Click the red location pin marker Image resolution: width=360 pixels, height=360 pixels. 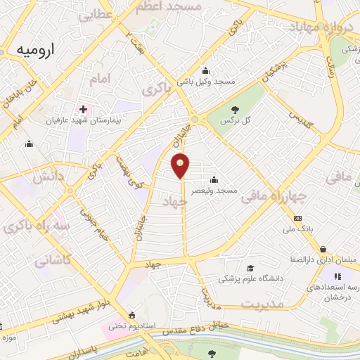click(x=181, y=165)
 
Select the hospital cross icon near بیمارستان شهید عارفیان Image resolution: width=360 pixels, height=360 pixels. click(x=84, y=110)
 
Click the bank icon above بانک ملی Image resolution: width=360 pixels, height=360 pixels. click(x=297, y=218)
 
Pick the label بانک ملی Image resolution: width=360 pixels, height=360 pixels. click(x=297, y=229)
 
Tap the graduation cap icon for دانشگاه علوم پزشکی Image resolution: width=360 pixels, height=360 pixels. click(x=250, y=268)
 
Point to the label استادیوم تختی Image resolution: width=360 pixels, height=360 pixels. click(x=126, y=326)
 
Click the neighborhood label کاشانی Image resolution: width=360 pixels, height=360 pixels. click(x=52, y=259)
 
